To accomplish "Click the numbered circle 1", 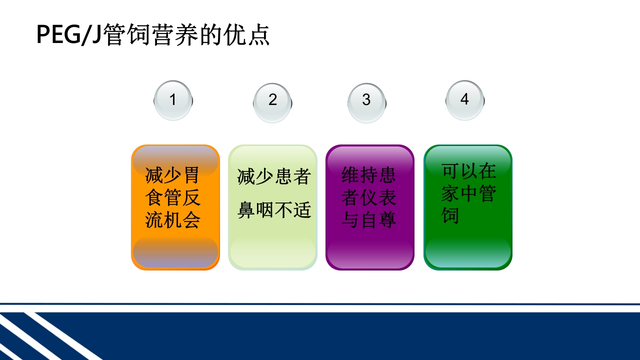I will tap(173, 100).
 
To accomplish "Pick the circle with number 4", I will tap(464, 100).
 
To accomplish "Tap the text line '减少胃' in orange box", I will tap(172, 175).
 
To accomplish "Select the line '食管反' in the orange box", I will tap(172, 197).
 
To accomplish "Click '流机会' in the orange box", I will tap(172, 219).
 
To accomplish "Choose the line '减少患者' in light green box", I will tap(273, 177).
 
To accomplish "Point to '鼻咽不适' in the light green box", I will tap(274, 210).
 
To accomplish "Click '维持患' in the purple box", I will tap(368, 175).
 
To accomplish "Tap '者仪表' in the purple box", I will tap(368, 197).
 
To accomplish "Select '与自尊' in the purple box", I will tap(368, 219).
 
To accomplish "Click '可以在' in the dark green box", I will tap(468, 171).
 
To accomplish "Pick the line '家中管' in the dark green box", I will tap(468, 193).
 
